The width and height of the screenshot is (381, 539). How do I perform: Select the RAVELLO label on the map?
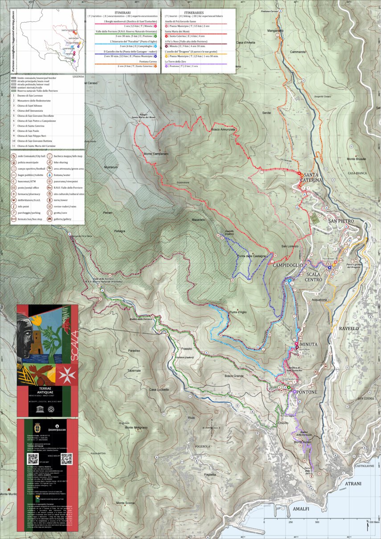(349, 328)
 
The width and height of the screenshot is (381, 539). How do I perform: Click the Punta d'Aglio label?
(238, 312)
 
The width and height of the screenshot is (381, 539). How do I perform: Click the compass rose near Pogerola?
(212, 428)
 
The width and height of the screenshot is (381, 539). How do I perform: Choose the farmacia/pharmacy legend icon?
(14, 194)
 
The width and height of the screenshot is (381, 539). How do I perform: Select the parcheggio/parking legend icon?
(14, 213)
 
